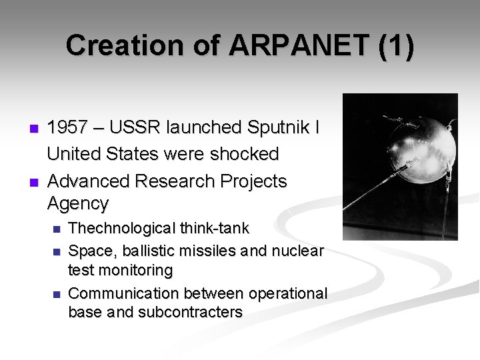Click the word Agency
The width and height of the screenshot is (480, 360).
[x=77, y=203]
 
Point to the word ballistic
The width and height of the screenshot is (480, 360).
[x=148, y=251]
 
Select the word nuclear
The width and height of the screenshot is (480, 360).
[x=297, y=251]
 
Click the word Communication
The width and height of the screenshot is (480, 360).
[x=125, y=293]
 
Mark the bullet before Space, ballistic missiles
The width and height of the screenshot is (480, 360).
[x=56, y=252]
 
